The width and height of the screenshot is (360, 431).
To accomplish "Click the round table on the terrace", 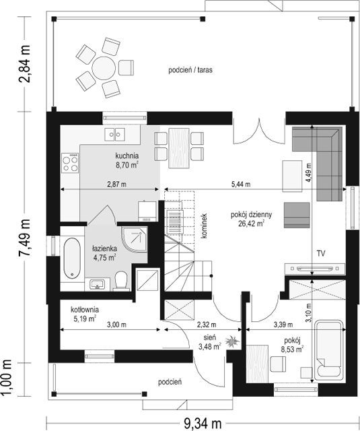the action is pos(104,68).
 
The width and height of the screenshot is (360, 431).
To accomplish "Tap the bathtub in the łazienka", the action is pos(72,258).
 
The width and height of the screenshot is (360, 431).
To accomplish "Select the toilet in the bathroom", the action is pos(121,281).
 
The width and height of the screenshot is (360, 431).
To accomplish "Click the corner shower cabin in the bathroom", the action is pos(135,240).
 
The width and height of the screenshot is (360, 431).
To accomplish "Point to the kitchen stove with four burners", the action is pos(70,163).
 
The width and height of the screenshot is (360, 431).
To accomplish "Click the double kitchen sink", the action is pos(115,135).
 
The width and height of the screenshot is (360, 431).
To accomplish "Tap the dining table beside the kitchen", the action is pos(179,148).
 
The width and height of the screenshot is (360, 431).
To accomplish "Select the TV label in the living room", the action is pos(321,253).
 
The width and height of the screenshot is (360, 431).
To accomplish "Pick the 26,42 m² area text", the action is pos(251,224).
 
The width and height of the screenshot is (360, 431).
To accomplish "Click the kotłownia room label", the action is pos(85,310).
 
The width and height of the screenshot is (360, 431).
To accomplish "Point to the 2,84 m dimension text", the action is pos(24,64).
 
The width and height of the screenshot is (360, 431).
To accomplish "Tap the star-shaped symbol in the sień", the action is pos(232,341).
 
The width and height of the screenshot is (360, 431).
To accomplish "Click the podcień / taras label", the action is pos(190,70).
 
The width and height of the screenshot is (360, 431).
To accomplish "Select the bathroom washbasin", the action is pos(97,284).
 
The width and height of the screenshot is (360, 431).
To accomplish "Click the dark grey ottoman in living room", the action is pos(297,215).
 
